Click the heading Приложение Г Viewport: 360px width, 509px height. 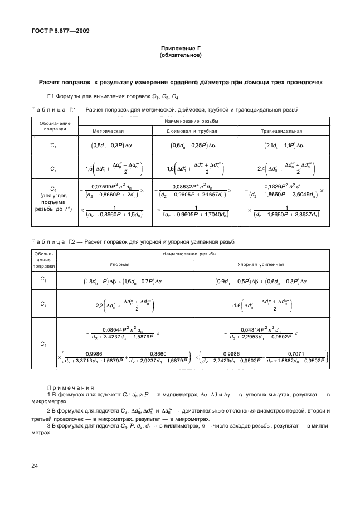point(180,49)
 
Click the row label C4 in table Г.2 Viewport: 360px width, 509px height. point(44,344)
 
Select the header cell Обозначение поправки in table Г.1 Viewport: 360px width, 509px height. point(54,125)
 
